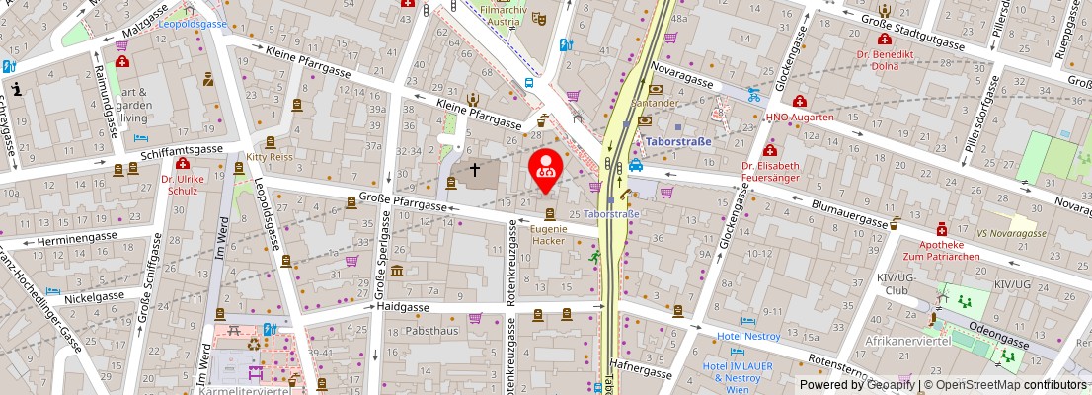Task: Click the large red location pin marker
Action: (x=546, y=166)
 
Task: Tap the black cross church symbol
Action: (x=475, y=169)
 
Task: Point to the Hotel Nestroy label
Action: (x=747, y=336)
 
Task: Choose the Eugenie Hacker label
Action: (x=549, y=234)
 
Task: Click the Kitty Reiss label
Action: (x=270, y=156)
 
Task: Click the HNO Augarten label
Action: (x=801, y=117)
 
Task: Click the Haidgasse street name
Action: (x=403, y=307)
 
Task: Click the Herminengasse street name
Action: (x=79, y=240)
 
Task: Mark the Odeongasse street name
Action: (x=998, y=332)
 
